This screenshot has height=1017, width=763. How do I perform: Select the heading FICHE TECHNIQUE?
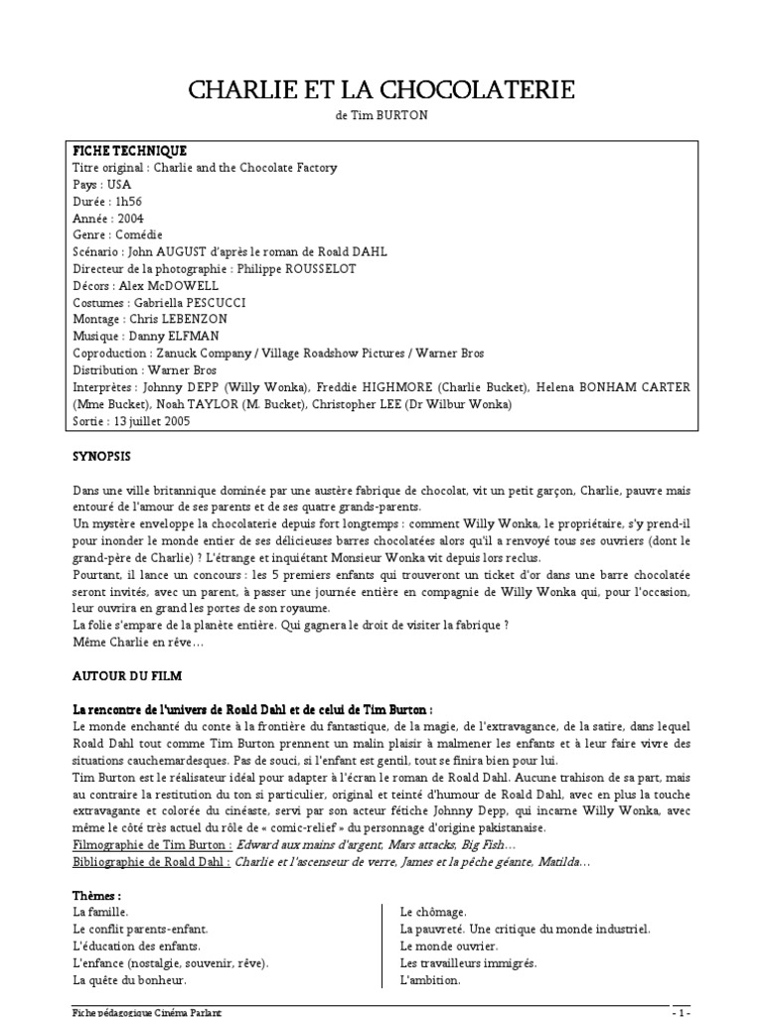pos(129,150)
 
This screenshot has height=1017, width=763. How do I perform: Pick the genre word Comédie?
pos(139,234)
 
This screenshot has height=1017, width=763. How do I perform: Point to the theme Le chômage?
pos(433,912)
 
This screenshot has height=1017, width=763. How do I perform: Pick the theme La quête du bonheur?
pos(129,980)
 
